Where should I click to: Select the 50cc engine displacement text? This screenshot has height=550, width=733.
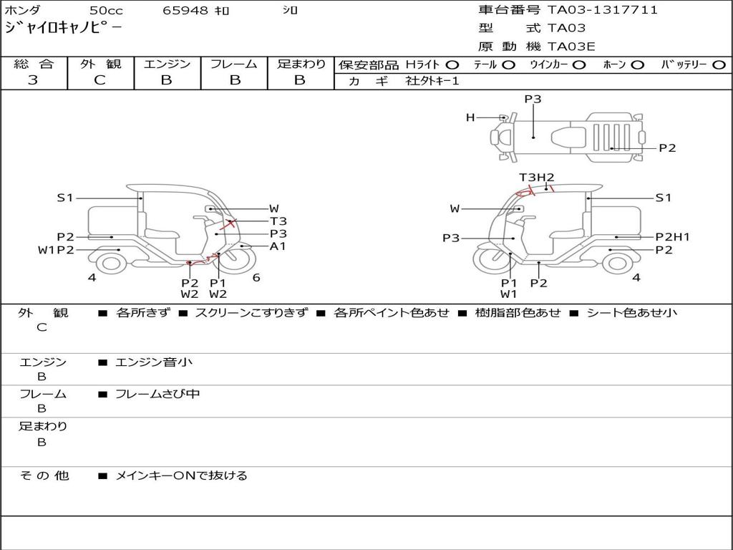point(106,11)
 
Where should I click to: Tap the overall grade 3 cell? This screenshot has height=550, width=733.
point(33,80)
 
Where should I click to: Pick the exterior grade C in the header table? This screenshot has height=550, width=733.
point(99,80)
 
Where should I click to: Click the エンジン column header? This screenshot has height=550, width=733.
point(167,64)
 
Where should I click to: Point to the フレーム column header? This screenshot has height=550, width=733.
point(233,64)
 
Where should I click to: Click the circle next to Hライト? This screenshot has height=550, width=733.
point(452,64)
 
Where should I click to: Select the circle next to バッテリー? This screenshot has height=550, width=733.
point(719,64)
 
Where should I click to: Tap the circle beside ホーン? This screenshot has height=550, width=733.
point(638,64)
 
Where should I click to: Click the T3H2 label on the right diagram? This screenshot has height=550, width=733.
point(537,178)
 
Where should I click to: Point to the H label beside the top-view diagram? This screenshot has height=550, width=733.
point(470,117)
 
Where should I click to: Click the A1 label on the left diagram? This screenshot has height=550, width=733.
point(278,246)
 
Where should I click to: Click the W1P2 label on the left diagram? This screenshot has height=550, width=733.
point(56,250)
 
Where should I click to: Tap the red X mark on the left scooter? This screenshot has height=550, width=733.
point(230,223)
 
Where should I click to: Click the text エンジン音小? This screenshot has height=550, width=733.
point(154,362)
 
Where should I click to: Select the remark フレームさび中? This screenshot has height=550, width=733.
point(157,394)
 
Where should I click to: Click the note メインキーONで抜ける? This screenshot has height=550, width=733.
point(181,476)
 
